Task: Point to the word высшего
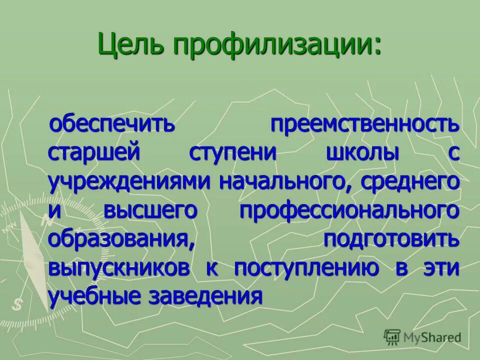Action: pos(150,210)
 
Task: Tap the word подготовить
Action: pos(390,239)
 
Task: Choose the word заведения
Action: pos(205,296)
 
